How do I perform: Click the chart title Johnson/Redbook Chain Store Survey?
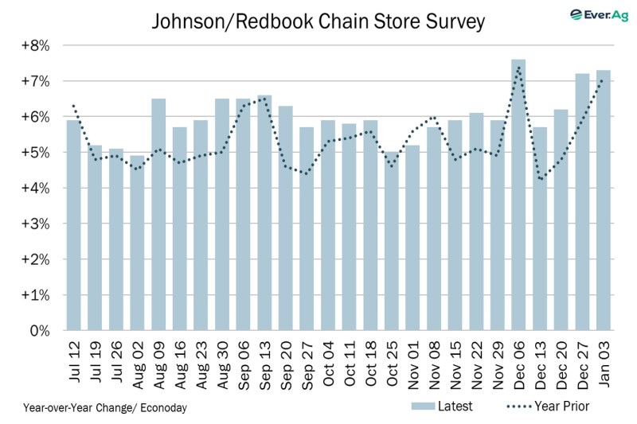[318, 21]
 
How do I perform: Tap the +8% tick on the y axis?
[37, 45]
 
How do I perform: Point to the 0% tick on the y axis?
[40, 330]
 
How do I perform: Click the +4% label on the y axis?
[37, 188]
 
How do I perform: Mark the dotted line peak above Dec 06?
[518, 68]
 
